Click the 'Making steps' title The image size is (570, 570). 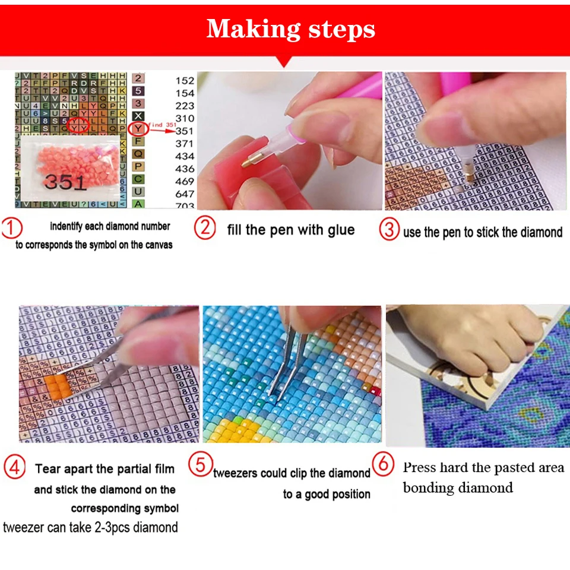[290, 28]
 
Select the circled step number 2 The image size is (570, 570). [205, 229]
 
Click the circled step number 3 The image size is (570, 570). [389, 230]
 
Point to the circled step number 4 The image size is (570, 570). [14, 468]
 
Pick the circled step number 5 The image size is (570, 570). [200, 464]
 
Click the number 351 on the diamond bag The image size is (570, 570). [65, 182]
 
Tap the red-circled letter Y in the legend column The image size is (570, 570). [138, 128]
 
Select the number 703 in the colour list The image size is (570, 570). [185, 206]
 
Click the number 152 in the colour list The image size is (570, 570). [185, 80]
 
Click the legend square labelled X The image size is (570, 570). [138, 116]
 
